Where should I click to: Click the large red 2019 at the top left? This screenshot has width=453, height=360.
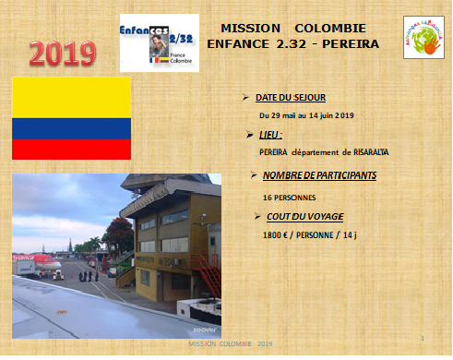(x=64, y=54)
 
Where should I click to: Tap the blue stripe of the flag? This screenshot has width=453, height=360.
(x=71, y=128)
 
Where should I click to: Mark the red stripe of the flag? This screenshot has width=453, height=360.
(x=71, y=149)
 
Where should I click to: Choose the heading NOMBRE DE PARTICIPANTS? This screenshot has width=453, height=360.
(x=319, y=175)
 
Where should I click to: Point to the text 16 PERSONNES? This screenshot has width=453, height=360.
(x=288, y=198)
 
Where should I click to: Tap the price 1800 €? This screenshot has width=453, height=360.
(x=277, y=236)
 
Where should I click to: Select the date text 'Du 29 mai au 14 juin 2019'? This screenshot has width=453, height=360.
(x=306, y=115)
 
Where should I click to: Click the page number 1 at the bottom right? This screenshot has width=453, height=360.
(x=422, y=339)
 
